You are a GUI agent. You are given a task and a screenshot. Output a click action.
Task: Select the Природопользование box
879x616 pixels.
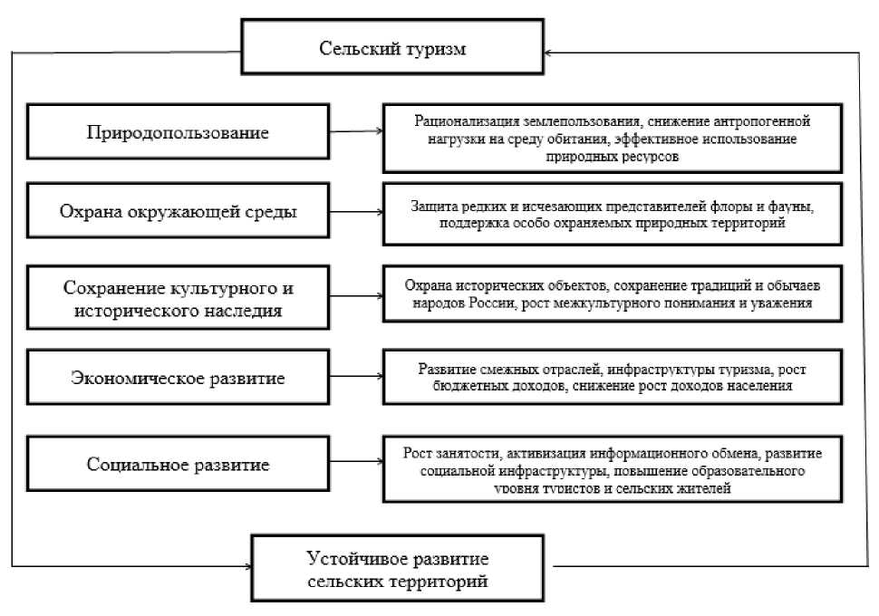pos(178,132)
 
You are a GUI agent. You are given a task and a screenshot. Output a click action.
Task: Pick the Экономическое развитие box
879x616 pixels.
pos(178,379)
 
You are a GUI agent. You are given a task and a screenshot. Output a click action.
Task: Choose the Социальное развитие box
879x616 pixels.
pos(178,464)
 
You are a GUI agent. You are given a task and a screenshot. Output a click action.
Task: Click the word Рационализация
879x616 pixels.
pos(465,120)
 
